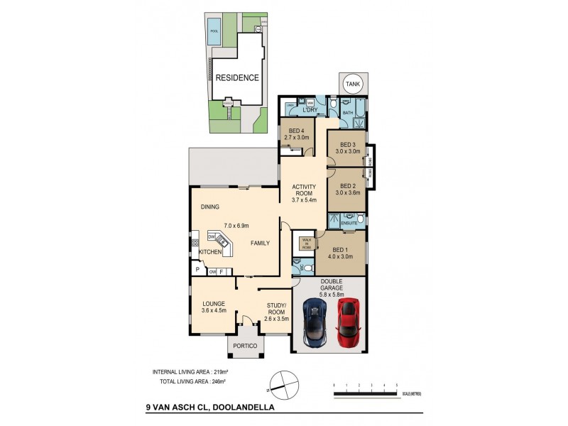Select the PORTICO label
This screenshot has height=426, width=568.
click(245, 346)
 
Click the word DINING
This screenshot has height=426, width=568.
click(209, 207)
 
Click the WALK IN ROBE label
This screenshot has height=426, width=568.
click(307, 244)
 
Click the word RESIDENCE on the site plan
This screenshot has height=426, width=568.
click(237, 78)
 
